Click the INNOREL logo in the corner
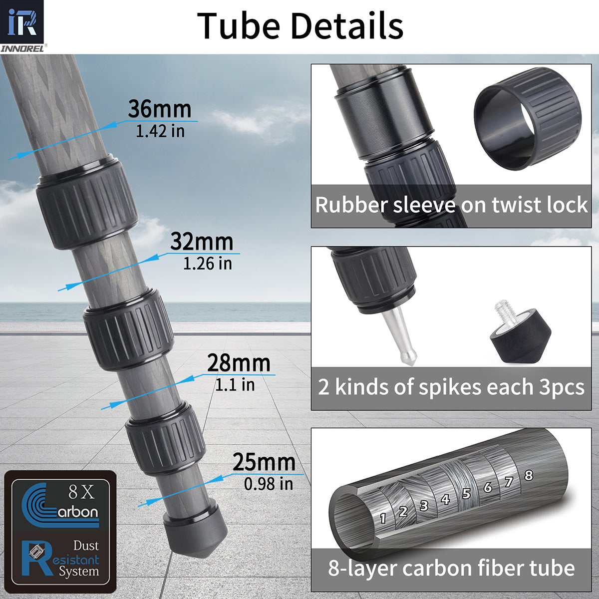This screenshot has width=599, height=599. click(22, 25)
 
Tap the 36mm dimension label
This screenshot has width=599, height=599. click(159, 109)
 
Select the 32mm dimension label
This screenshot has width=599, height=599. click(201, 242)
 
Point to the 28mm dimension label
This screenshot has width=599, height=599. click(238, 363)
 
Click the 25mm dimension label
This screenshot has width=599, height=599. click(264, 462)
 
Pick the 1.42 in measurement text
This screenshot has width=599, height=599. click(160, 131)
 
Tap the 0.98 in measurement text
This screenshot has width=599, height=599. click(268, 483)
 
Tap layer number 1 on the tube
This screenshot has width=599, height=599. click(383, 518)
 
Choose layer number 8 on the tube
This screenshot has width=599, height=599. click(529, 475)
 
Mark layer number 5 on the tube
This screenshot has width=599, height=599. click(466, 494)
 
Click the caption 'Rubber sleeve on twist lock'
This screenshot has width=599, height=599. click(451, 205)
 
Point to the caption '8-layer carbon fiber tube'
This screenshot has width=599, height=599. click(451, 568)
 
